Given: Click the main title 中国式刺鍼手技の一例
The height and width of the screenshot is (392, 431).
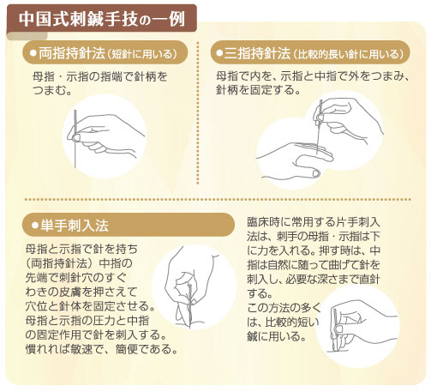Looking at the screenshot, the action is point(102,19).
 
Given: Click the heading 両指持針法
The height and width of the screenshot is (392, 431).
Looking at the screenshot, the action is point(72,53).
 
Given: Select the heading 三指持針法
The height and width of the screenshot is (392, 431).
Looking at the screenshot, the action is point(257,53).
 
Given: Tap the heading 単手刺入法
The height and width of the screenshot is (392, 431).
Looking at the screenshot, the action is point(75,226).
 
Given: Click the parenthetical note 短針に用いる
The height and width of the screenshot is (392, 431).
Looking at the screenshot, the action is point(141,54).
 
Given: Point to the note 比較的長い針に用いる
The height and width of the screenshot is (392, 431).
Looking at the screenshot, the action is point(348,54).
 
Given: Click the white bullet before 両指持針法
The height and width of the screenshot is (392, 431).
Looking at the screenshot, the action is point(33,53).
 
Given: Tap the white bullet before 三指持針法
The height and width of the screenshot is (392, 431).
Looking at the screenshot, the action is point(219,53).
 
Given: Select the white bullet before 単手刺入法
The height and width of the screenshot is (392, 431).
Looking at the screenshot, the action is point(35,226).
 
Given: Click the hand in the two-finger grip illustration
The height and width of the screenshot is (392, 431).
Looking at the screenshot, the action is point(105,135).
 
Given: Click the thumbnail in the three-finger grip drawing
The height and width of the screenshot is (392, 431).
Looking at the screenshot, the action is point(316,173).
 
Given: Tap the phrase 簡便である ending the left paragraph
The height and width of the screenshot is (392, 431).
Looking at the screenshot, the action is point(143,349).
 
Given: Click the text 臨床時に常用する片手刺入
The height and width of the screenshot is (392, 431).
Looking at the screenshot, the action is point(314,222).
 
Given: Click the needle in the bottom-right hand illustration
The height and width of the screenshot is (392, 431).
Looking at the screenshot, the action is point(334,329).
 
